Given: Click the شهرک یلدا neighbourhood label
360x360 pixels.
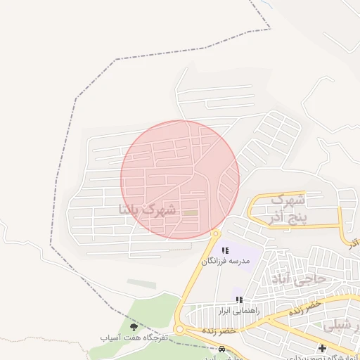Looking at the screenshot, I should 148,209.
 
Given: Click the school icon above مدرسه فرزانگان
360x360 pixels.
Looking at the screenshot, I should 225,250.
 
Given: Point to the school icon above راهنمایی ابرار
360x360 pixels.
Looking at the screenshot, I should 239,300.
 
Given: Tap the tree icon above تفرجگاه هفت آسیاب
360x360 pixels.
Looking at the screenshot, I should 134,326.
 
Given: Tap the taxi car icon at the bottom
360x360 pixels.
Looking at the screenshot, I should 222,349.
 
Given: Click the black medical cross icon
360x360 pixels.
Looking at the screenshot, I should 322,348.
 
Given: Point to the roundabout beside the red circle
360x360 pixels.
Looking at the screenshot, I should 215,233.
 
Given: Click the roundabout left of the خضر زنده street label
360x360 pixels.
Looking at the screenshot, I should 180,329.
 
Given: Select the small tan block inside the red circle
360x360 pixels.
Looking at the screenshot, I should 191,212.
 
